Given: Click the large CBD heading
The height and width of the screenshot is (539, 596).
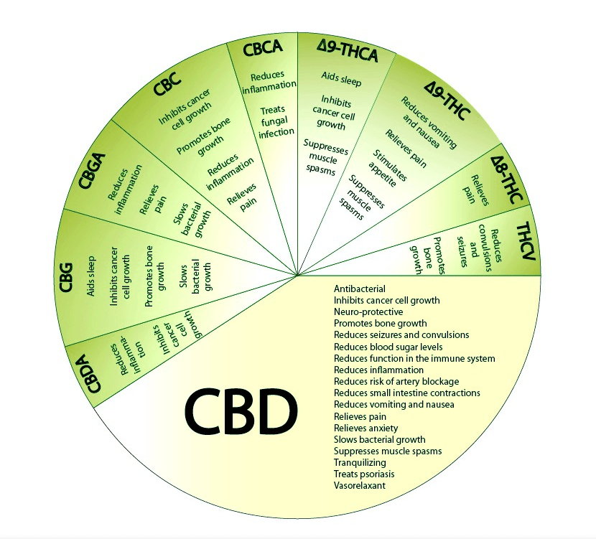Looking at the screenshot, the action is pyautogui.click(x=241, y=412).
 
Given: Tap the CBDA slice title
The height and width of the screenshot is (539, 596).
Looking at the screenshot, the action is pyautogui.click(x=93, y=373).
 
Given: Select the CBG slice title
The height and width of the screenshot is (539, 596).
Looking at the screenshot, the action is pyautogui.click(x=66, y=277).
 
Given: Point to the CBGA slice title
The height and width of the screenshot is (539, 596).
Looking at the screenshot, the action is pyautogui.click(x=92, y=171).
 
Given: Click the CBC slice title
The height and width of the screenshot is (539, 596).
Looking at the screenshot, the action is pyautogui.click(x=167, y=83).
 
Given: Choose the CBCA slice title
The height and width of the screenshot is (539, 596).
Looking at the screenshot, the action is pyautogui.click(x=263, y=48).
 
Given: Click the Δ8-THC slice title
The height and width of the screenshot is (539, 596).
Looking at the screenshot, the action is pyautogui.click(x=507, y=179).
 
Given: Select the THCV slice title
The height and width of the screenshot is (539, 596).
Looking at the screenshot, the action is pyautogui.click(x=526, y=241).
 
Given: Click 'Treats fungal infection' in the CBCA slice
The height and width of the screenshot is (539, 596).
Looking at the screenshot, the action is pyautogui.click(x=276, y=121).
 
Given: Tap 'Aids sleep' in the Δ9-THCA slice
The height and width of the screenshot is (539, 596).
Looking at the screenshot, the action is pyautogui.click(x=341, y=80).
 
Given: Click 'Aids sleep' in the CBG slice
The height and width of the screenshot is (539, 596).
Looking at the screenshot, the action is pyautogui.click(x=91, y=276).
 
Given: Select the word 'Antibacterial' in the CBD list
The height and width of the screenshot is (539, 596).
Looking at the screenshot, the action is pyautogui.click(x=360, y=289).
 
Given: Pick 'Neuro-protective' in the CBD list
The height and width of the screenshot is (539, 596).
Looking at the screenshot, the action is pyautogui.click(x=368, y=312).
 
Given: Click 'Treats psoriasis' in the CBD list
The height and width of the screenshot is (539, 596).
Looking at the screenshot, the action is pyautogui.click(x=364, y=474).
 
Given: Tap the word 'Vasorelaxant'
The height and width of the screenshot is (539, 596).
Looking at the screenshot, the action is pyautogui.click(x=360, y=485).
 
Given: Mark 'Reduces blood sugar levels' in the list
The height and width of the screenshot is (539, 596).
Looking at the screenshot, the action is pyautogui.click(x=388, y=347).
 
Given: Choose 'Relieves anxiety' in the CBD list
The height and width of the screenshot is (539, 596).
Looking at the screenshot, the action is pyautogui.click(x=365, y=428).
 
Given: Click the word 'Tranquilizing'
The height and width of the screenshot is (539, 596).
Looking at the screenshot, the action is pyautogui.click(x=360, y=463).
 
